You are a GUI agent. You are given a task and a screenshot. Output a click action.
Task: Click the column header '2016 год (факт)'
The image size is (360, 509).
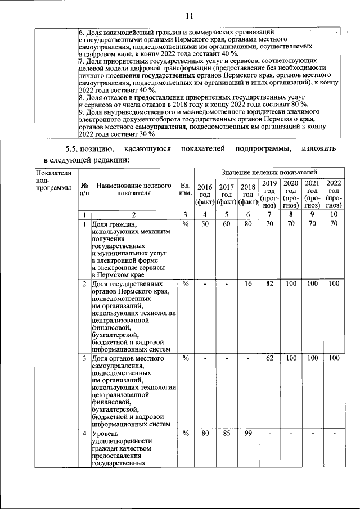coord(205,194)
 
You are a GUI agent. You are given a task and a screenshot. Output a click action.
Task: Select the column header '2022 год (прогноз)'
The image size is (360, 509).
coord(334,194)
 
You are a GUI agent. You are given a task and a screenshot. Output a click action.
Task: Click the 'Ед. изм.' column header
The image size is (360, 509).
coord(185,190)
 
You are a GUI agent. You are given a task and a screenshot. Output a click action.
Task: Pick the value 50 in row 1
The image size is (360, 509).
coord(205,224)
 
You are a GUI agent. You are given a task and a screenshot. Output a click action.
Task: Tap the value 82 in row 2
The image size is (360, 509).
coord(269,283)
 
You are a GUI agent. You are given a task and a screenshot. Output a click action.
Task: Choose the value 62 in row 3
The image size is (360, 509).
coord(269,358)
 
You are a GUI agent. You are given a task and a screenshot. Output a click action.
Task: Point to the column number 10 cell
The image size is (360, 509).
coord(334,214)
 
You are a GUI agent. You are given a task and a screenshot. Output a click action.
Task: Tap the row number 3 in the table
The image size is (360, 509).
coord(84,358)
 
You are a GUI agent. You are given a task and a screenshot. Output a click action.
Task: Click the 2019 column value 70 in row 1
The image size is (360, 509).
coord(269,224)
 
